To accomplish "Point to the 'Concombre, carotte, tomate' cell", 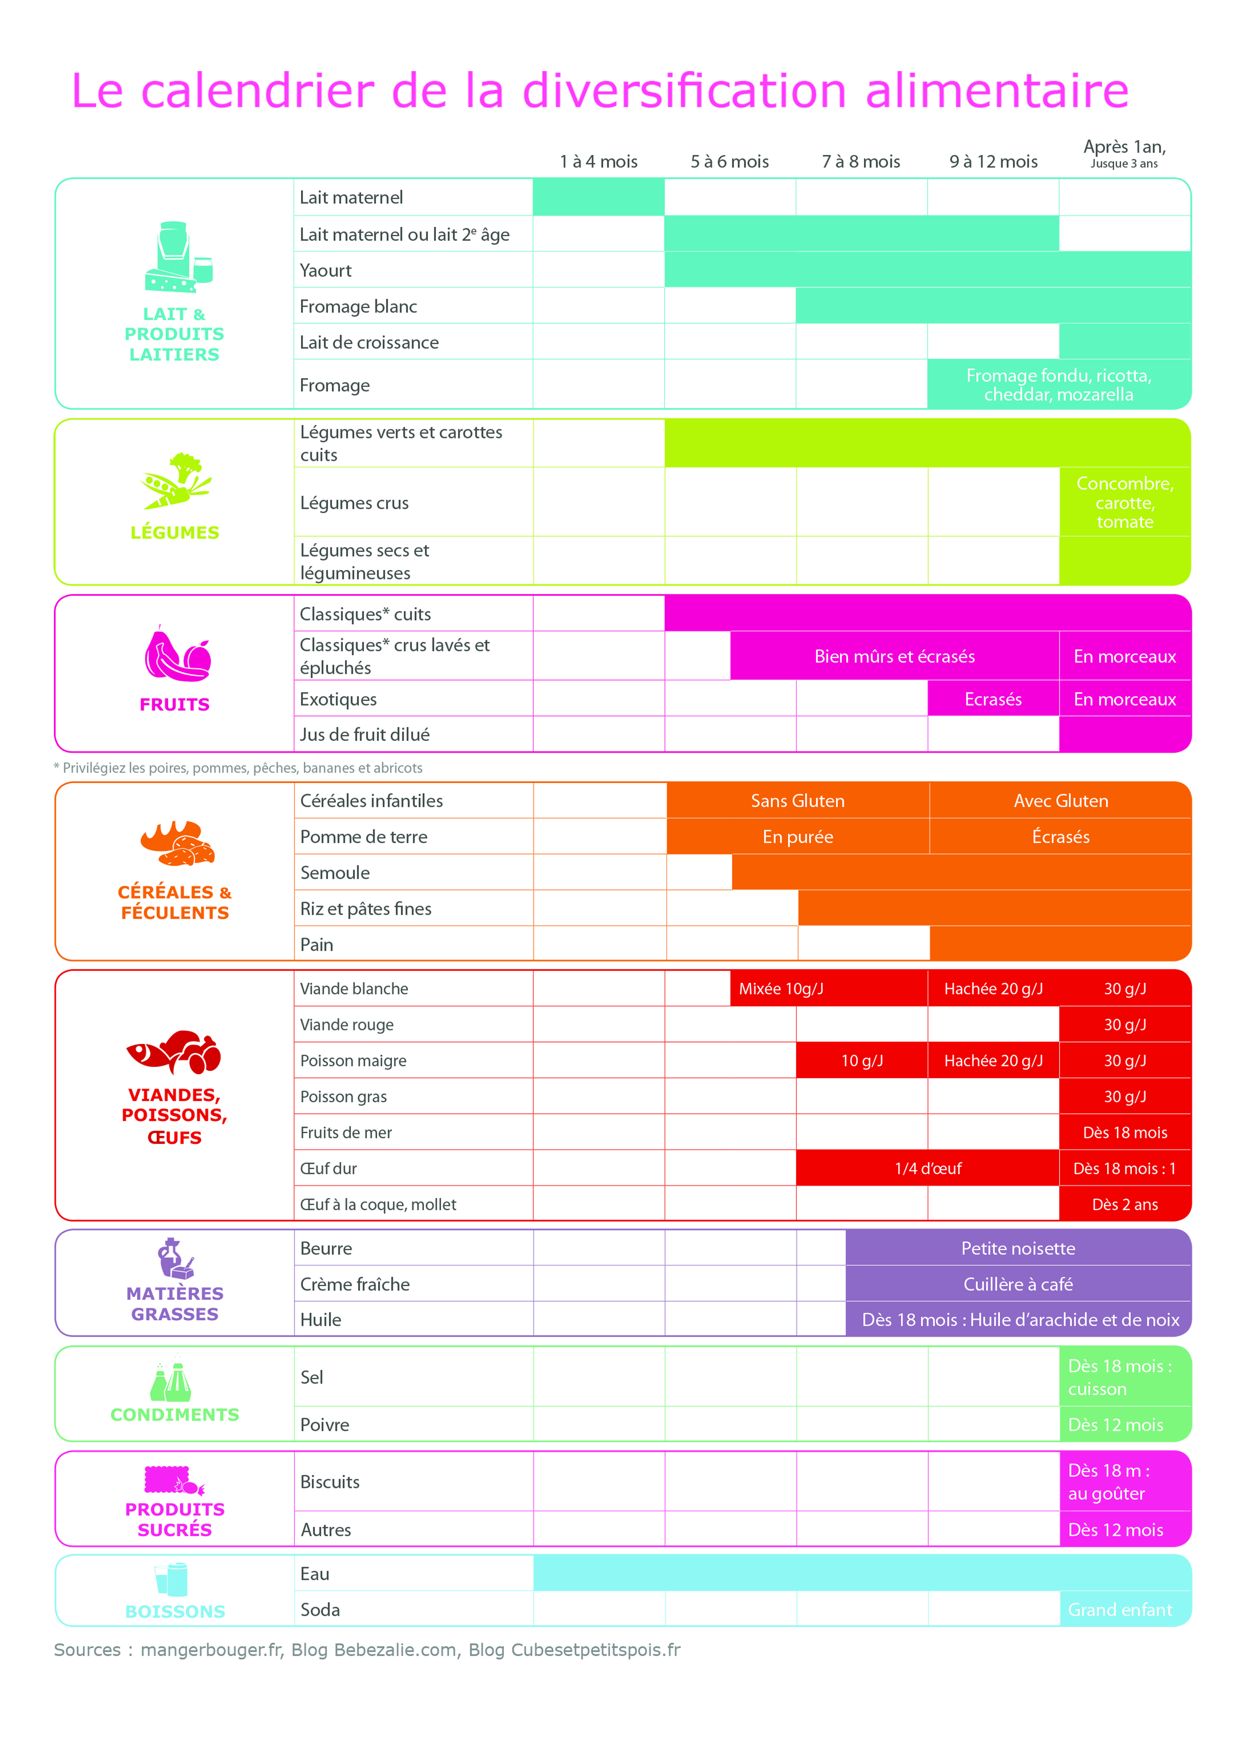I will (x=1125, y=502).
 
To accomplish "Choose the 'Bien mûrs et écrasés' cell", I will (x=894, y=657).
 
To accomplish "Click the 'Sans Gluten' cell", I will (x=797, y=801).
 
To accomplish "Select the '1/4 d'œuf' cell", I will (x=927, y=1168).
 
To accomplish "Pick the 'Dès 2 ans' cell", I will (x=1125, y=1204).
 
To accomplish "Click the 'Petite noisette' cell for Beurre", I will (x=1018, y=1248).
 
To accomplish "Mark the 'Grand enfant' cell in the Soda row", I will (x=1120, y=1610).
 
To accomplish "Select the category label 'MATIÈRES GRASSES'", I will (x=175, y=1304).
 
